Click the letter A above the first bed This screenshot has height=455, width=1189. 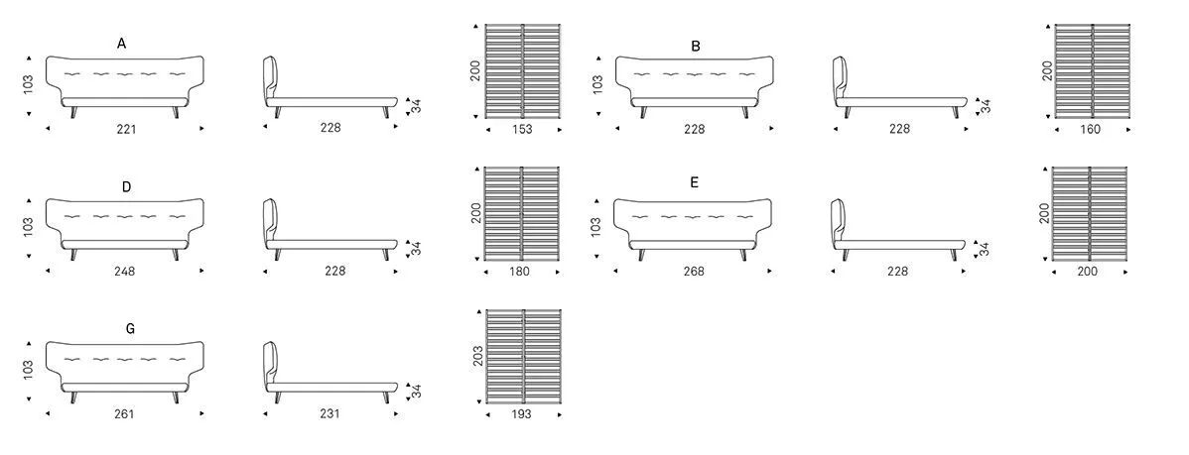coord(121,44)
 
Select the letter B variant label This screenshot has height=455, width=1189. coord(696,47)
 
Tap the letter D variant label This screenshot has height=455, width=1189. coord(127,186)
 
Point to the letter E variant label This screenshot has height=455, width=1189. coord(695,182)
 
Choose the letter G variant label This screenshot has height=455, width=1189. coord(130,328)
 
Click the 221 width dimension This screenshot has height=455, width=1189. coord(126,130)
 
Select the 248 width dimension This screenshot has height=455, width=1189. coord(124,271)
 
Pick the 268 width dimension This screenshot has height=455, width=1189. coord(693,271)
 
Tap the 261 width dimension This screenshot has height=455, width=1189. coord(124,414)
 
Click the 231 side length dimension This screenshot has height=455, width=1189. coord(330,413)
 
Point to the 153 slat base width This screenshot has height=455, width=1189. coord(522,130)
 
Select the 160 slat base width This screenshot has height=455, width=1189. coord(1090,130)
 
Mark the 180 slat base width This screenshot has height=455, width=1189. coord(520,271)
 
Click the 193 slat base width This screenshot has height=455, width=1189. coord(521,414)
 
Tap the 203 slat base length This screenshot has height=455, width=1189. coord(477,356)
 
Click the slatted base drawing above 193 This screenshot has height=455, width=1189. coord(523,356)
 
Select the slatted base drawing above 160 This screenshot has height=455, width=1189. coord(1092,71)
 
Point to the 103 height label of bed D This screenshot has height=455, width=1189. coord(29,227)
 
